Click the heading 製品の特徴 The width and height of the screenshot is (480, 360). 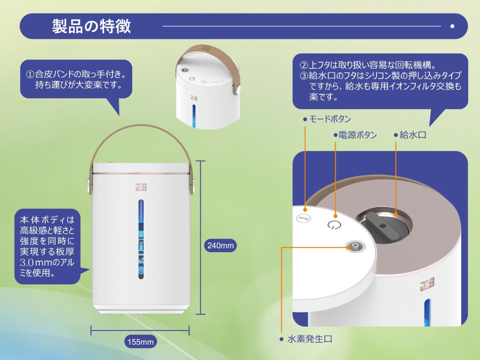point(92,26)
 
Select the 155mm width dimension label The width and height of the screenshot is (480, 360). point(140,342)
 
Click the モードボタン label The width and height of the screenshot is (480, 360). point(330,119)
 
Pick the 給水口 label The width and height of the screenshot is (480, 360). point(413,135)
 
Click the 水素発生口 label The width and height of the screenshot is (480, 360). point(309,339)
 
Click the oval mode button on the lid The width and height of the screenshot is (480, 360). point(303,219)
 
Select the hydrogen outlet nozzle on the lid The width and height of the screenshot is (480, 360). point(355,247)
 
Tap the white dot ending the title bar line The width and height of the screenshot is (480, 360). point(452,26)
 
